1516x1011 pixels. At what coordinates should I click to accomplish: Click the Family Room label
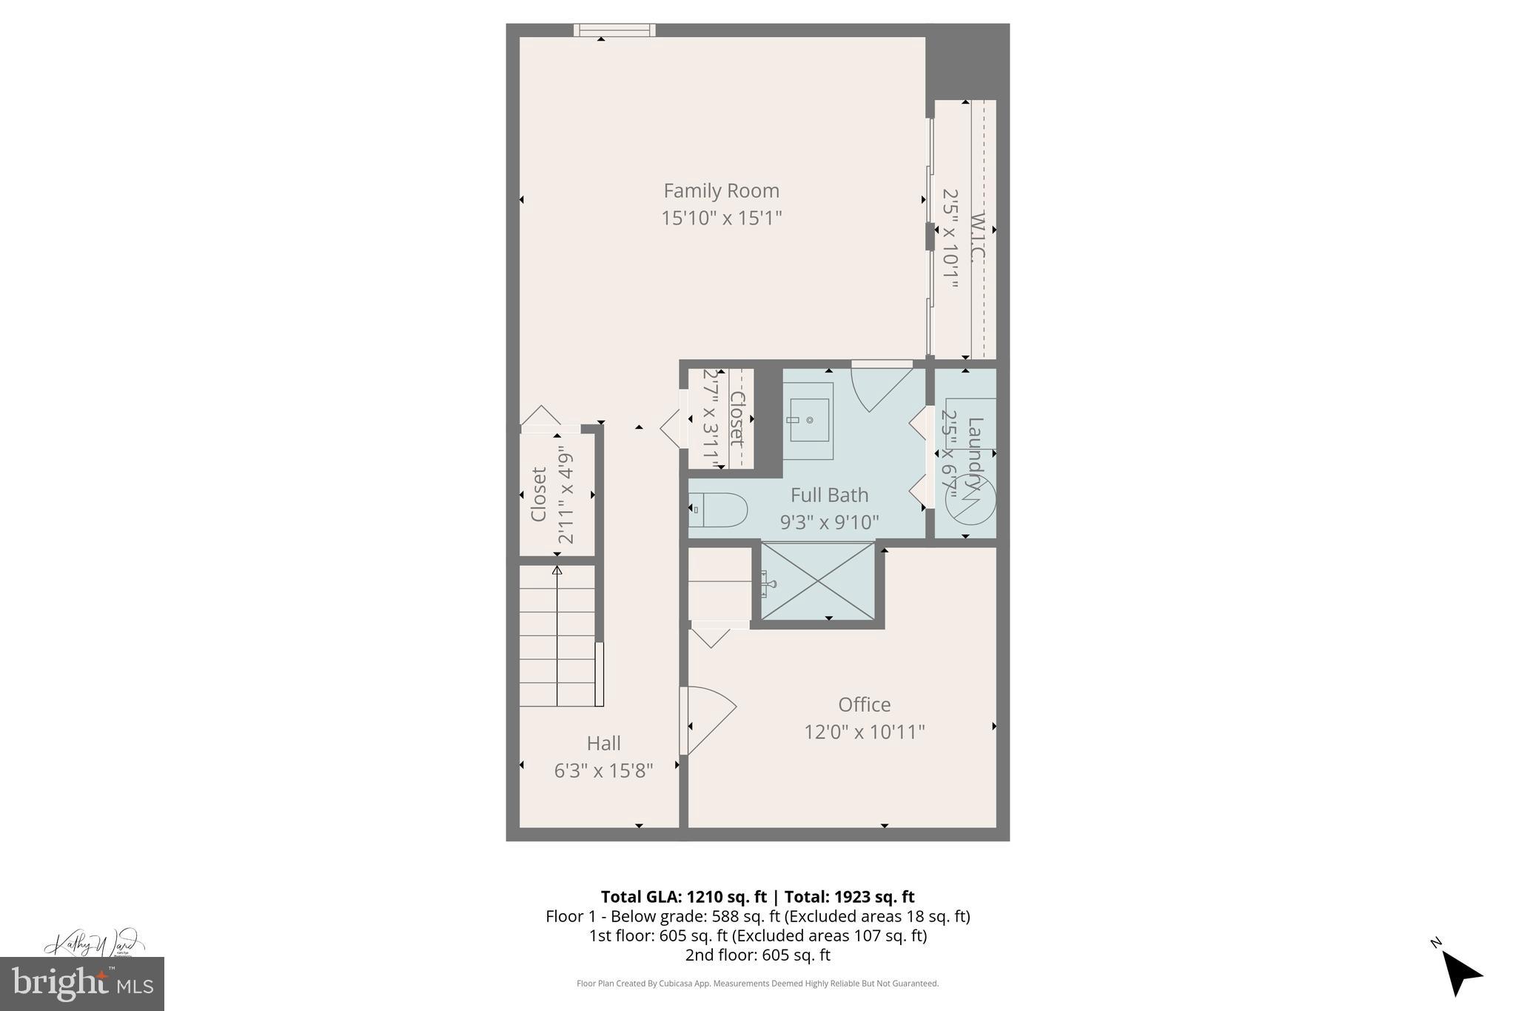tap(721, 191)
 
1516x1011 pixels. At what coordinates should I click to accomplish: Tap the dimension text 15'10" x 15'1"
tap(721, 218)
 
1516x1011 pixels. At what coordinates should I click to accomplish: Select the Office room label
tap(864, 704)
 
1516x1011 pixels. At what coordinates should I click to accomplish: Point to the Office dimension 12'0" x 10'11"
tap(864, 732)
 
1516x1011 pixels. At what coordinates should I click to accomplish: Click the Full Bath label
tap(829, 495)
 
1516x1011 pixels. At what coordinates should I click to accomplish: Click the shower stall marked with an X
tap(818, 582)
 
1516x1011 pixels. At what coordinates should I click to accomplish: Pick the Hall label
tap(603, 743)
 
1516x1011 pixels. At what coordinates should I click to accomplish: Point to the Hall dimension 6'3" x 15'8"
tap(603, 771)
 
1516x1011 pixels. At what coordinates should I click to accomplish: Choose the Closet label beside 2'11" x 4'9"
tap(539, 494)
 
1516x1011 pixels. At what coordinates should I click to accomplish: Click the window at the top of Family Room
tap(614, 30)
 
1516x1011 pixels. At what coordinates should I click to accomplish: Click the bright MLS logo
tap(82, 984)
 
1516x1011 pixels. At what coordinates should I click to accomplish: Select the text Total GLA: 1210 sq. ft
tap(682, 897)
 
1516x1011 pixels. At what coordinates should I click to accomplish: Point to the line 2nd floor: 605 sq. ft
tap(757, 955)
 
